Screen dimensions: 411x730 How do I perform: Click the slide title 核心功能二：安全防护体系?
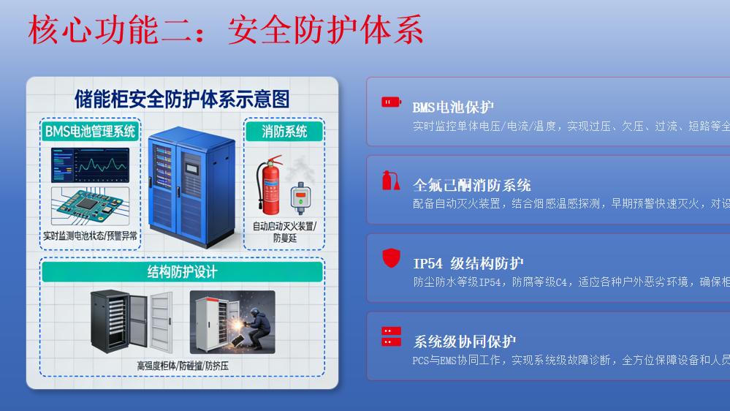click(226, 31)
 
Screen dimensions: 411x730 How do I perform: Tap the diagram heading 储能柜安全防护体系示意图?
click(182, 99)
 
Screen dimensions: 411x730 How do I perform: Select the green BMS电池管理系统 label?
click(90, 132)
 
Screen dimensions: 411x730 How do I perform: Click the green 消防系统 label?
click(284, 132)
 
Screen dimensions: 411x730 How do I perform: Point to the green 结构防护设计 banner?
click(182, 272)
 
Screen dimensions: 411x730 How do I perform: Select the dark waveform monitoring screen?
click(90, 165)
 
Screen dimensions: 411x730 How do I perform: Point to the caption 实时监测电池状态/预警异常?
click(90, 236)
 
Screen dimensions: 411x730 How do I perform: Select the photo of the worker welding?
click(232, 323)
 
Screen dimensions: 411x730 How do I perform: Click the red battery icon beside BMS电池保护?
click(391, 102)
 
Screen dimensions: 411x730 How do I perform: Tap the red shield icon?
click(391, 258)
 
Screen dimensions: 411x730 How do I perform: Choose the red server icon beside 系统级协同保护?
click(391, 336)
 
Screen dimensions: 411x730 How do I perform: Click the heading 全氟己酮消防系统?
click(471, 185)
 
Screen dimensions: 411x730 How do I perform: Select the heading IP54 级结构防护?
click(468, 263)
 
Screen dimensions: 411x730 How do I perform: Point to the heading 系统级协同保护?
click(465, 342)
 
